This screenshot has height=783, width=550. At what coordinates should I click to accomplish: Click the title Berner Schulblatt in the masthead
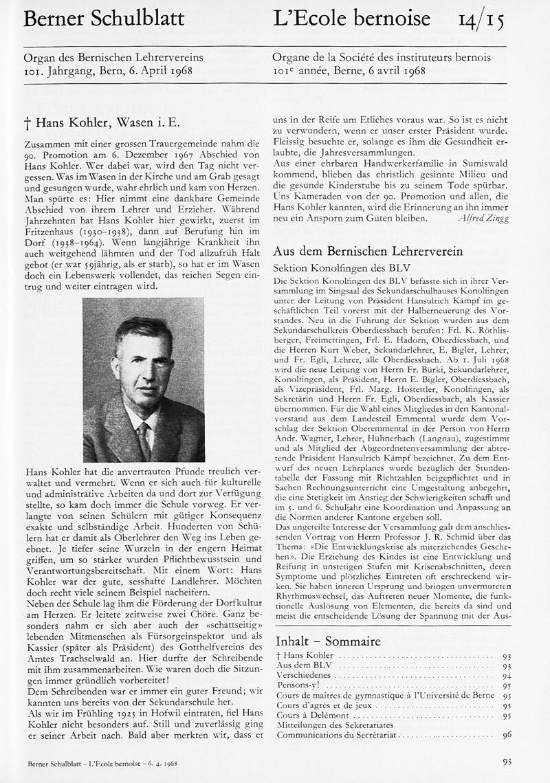tap(104, 19)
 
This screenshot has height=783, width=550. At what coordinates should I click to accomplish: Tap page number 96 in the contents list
tap(507, 735)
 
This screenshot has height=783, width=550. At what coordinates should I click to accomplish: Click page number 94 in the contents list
tap(507, 676)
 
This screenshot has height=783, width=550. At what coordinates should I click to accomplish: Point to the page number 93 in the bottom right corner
tap(507, 762)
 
